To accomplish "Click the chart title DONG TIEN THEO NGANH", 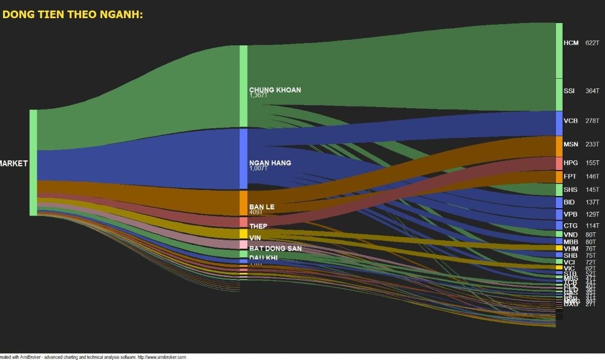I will [73, 14].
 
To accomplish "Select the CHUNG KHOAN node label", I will [275, 90].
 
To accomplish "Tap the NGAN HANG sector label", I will [270, 163].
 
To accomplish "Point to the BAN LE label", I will [261, 207].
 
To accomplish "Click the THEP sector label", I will [258, 226].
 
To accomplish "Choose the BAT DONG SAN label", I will [275, 249].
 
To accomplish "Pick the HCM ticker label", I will [571, 43].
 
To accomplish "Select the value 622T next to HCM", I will [592, 43].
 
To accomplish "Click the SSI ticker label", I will [569, 91].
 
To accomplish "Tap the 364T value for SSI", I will [592, 91].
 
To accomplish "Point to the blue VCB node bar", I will [559, 123].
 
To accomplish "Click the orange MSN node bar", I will [559, 146].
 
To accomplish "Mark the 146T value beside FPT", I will [592, 177].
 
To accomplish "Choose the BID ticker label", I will [569, 202].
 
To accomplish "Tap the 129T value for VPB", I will [592, 214].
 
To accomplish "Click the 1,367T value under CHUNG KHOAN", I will [258, 96].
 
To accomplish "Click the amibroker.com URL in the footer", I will [162, 357].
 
